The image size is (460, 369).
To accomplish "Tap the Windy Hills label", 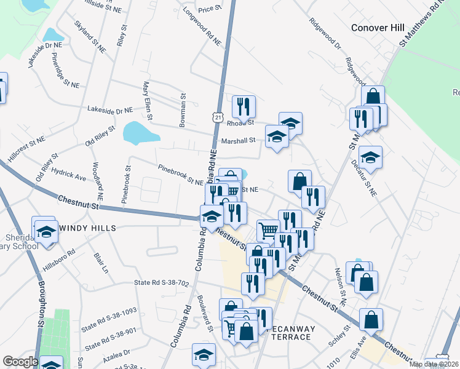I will point(87,228).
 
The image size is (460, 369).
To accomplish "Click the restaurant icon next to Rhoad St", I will point(244,106).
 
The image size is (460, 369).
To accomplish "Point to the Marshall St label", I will point(238,140).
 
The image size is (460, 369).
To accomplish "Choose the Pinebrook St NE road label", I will point(181,175).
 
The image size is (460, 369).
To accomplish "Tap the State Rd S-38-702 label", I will point(161,283).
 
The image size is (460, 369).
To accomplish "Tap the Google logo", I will point(20,362).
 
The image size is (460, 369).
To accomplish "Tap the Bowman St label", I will point(183,111).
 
